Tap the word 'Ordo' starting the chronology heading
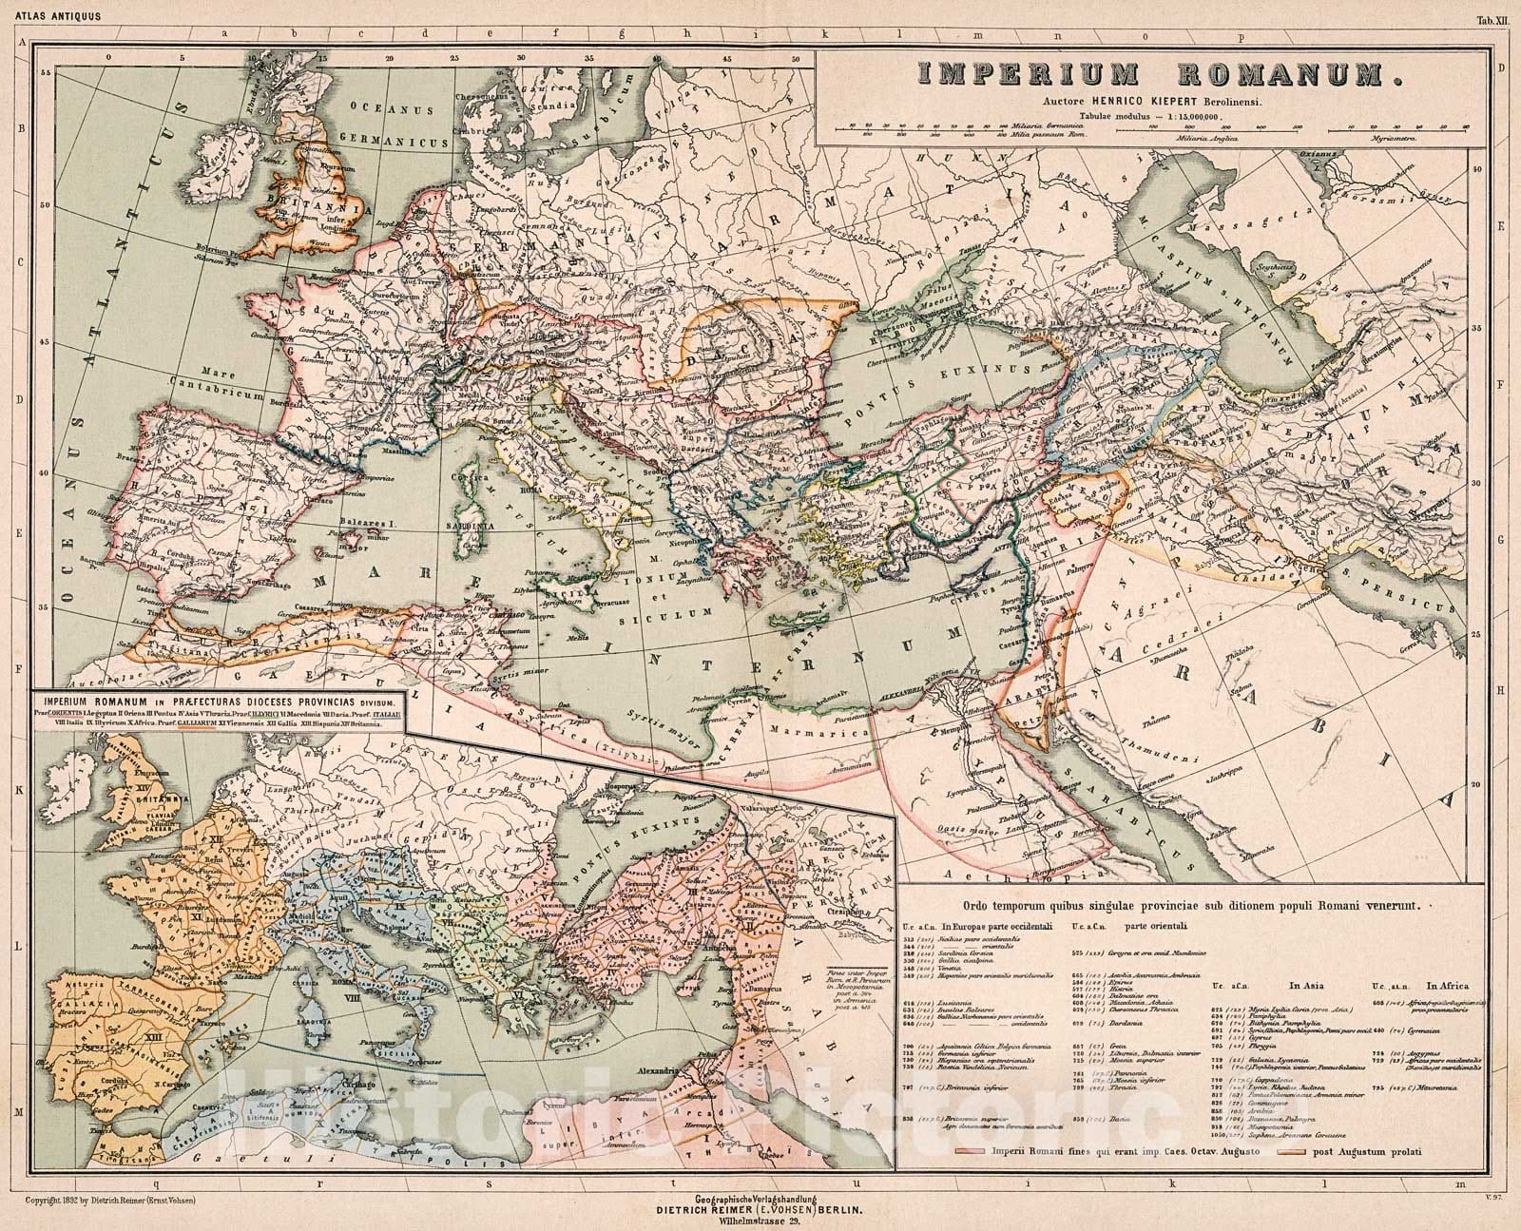click(979, 906)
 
